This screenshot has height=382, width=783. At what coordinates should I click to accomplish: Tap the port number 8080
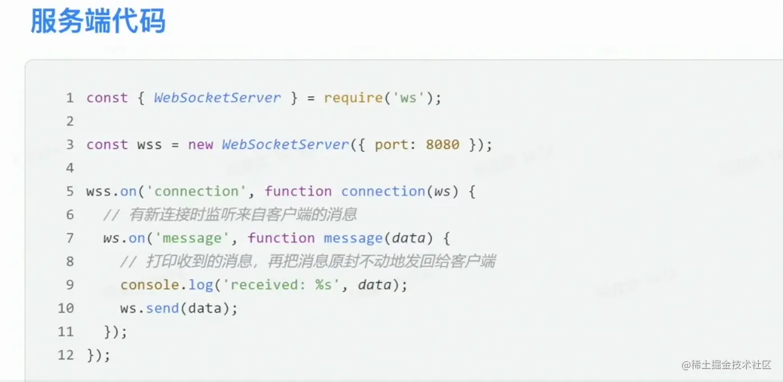click(443, 145)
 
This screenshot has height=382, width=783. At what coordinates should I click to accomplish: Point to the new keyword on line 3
click(200, 145)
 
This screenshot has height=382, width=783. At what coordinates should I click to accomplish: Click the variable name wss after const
click(149, 145)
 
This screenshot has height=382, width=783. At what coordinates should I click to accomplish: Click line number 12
click(66, 355)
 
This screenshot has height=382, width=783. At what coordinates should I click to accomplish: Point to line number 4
click(70, 168)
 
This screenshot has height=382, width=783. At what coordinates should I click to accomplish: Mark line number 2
click(70, 122)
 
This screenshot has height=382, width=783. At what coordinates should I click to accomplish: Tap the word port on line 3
click(392, 145)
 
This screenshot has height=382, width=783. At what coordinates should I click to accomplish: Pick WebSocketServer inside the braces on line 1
click(217, 98)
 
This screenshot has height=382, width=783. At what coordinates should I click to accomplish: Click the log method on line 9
click(200, 285)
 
